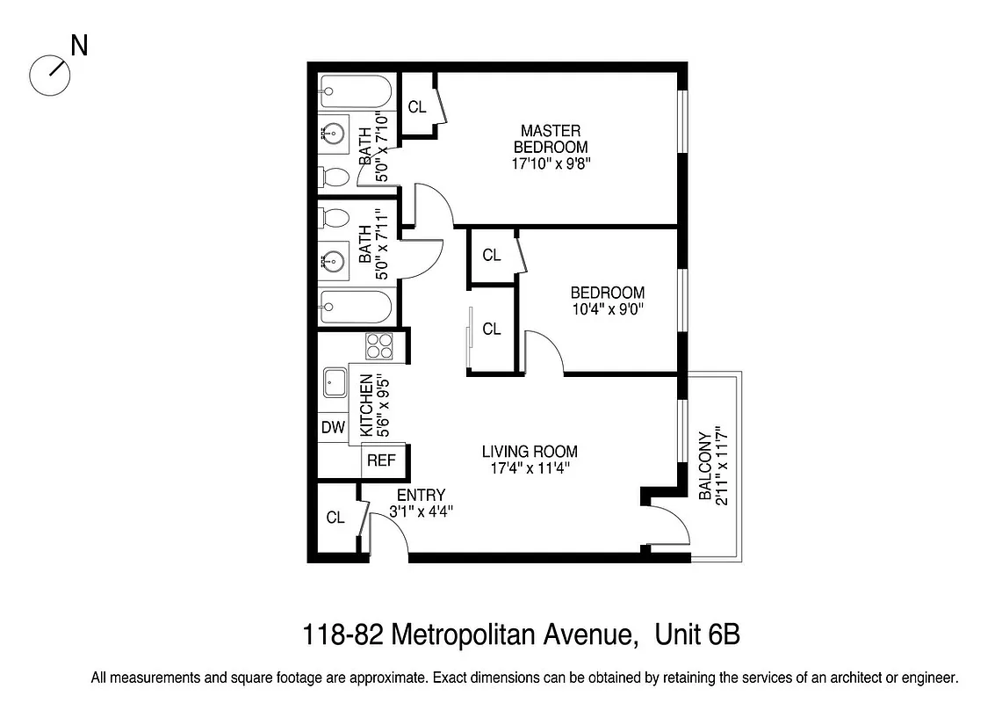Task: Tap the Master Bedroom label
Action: coord(551,139)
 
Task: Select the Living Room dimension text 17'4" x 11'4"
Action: coord(530,468)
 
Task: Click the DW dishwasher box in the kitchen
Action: coord(332,428)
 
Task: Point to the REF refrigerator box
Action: coord(380,460)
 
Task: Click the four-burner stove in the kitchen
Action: coord(379,346)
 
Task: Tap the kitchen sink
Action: coord(335,382)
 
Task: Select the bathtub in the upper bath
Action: coord(356,90)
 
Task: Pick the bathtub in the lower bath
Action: coord(356,308)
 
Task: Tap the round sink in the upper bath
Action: coord(335,134)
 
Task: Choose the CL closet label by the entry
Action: coord(335,518)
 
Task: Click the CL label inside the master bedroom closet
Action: coord(417,107)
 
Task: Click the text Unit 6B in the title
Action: coord(698,634)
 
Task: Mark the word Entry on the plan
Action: coord(421,495)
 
